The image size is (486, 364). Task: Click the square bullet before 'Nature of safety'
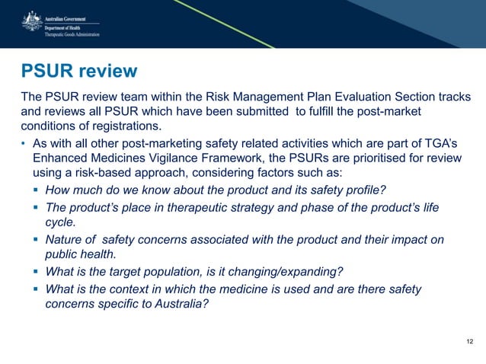(37, 241)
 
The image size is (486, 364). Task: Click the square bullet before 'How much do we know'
(37, 188)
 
